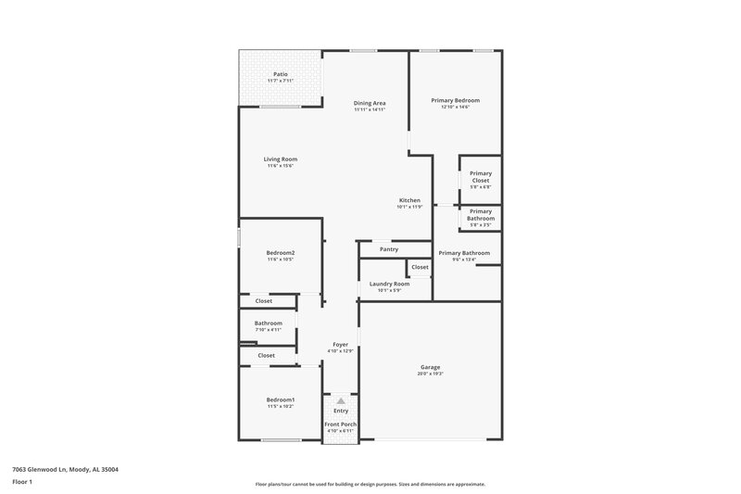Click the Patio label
pos(280,74)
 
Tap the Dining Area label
pos(370,103)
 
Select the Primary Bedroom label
pos(455,100)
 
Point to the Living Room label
pos(280,159)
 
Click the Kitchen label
pos(409,200)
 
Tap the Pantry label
pos(389,248)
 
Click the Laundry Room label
pos(389,284)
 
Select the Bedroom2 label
pos(280,252)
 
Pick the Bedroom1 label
pos(280,399)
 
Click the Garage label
pos(431,367)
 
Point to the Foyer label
pos(340,345)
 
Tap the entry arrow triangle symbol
pos(341,401)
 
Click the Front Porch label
pos(340,424)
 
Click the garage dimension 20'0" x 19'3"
pos(431,374)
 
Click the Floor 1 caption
pos(22,483)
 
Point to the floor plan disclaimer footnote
pos(370,484)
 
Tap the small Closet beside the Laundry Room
pos(420,267)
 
